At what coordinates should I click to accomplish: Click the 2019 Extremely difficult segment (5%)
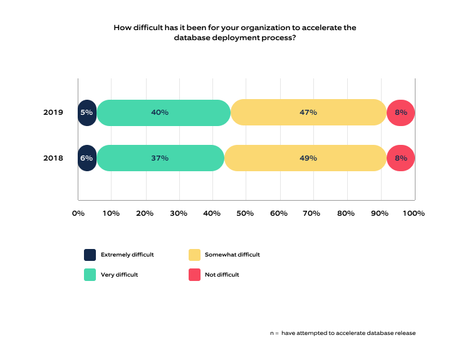pyautogui.click(x=87, y=112)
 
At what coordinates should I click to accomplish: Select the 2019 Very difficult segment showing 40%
pyautogui.click(x=164, y=112)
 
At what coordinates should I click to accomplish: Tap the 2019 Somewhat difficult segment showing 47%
pyautogui.click(x=308, y=112)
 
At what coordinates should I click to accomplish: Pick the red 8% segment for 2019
pyautogui.click(x=401, y=112)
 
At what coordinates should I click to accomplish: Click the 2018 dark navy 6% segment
pyautogui.click(x=87, y=158)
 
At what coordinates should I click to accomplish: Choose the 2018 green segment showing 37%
pyautogui.click(x=160, y=158)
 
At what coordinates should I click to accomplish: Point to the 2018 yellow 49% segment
pyautogui.click(x=305, y=158)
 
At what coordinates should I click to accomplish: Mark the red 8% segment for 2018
pyautogui.click(x=401, y=158)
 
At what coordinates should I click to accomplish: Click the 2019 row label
pyautogui.click(x=53, y=112)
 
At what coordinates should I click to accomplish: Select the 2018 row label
pyautogui.click(x=53, y=158)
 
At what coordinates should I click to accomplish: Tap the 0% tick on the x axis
pyautogui.click(x=78, y=213)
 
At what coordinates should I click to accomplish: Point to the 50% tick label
pyautogui.click(x=246, y=213)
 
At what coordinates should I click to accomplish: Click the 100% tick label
pyautogui.click(x=413, y=213)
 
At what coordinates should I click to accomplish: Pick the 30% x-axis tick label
pyautogui.click(x=179, y=213)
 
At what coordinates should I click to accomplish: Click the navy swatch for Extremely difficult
pyautogui.click(x=90, y=255)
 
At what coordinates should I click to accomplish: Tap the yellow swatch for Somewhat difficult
pyautogui.click(x=194, y=255)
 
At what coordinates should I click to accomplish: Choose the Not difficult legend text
pyautogui.click(x=222, y=274)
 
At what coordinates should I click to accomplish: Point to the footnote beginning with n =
pyautogui.click(x=343, y=333)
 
